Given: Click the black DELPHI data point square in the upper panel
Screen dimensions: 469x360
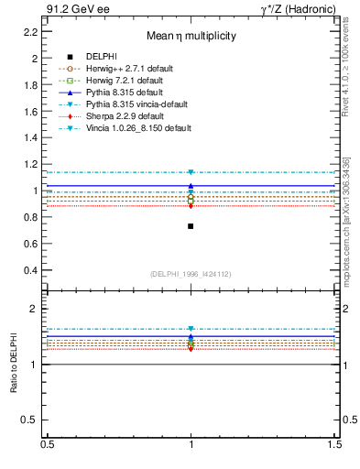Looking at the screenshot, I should [191, 226].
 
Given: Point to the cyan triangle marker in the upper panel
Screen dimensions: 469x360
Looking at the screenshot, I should [191, 172].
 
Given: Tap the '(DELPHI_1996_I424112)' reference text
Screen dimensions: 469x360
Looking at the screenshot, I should [191, 273].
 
